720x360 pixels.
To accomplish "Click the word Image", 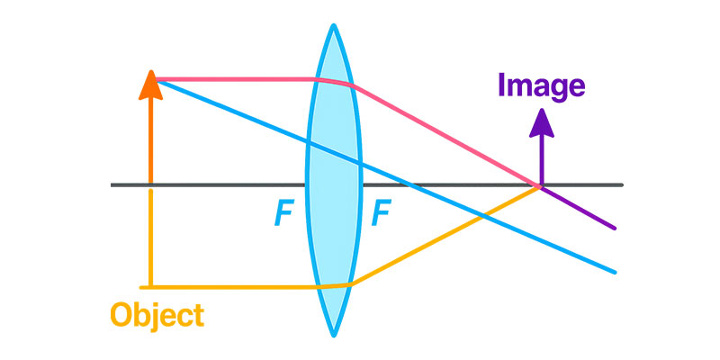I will (541, 85).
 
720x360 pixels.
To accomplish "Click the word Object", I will (157, 315).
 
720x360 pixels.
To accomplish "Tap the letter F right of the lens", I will (381, 213).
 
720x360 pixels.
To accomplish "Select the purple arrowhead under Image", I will (541, 121).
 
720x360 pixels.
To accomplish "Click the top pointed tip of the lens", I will (334, 24).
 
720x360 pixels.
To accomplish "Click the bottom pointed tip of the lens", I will (334, 336).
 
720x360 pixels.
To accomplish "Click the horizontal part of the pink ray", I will (234, 79).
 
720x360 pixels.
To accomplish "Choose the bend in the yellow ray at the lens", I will (349, 283).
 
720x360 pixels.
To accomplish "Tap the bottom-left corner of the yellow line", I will (151, 286).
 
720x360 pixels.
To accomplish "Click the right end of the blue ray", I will (616, 272).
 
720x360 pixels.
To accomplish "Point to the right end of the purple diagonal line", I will (616, 229).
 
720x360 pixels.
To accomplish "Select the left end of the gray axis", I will (112, 185).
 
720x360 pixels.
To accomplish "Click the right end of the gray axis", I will (622, 185).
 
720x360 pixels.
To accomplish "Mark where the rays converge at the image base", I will (540, 186).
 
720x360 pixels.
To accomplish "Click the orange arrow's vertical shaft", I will (150, 135).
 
